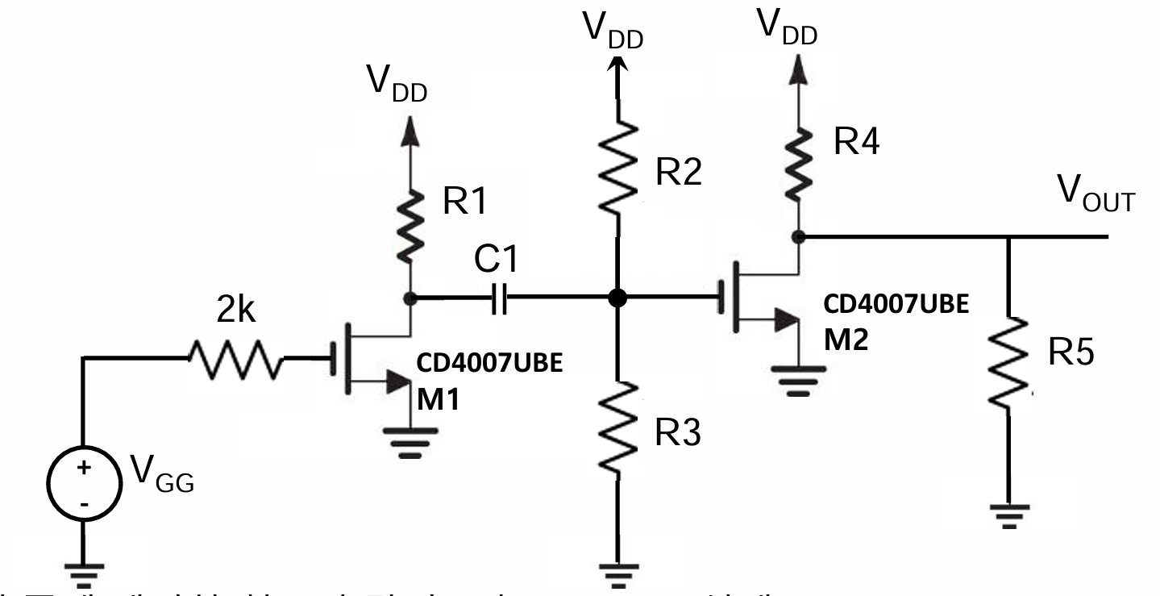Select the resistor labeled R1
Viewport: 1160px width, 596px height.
pyautogui.click(x=410, y=226)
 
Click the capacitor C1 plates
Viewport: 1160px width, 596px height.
pyautogui.click(x=499, y=298)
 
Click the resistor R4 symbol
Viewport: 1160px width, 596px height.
pyautogui.click(x=798, y=166)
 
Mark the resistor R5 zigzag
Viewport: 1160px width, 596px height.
pyautogui.click(x=1009, y=361)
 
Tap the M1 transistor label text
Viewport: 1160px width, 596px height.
pyautogui.click(x=438, y=399)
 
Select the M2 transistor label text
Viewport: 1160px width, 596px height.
pyautogui.click(x=846, y=340)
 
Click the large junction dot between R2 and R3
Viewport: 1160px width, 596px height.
pyautogui.click(x=617, y=298)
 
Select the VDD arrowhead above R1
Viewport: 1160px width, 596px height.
pyautogui.click(x=410, y=129)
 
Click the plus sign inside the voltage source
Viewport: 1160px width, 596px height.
pyautogui.click(x=84, y=468)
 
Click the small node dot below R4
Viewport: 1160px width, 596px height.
pyautogui.click(x=798, y=237)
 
